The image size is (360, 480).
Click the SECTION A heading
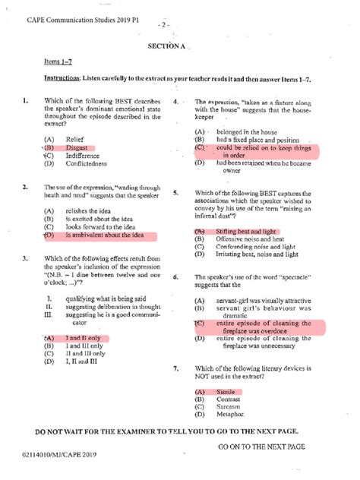166,45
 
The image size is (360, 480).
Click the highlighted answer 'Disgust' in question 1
77,147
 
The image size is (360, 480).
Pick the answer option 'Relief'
74,139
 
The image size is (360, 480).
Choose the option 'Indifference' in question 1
82,155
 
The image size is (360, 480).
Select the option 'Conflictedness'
86,163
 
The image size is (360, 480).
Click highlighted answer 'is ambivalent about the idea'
103,235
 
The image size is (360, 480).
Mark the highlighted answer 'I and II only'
84,338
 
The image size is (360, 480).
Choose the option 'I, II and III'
83,362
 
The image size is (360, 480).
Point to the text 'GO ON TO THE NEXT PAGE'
261,447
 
